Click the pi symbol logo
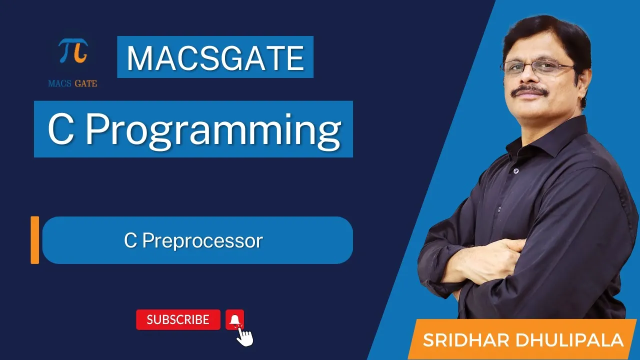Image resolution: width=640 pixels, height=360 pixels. pos(73,50)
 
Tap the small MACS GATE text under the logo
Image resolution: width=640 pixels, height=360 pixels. pos(72,83)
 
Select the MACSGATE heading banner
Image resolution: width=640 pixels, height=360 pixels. pos(215,57)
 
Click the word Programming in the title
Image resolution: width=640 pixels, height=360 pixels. pos(213,130)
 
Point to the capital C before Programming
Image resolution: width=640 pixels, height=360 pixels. pos(61,129)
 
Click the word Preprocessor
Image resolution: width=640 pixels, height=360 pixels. pos(202,241)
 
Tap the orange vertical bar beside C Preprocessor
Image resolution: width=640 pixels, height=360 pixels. pos(35,240)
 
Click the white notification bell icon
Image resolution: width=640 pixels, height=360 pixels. pos(234,319)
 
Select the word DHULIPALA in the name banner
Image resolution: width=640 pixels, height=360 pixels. pos(569,340)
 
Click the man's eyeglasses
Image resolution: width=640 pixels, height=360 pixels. pos(537,68)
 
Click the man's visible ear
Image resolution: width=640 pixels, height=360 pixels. pos(584,85)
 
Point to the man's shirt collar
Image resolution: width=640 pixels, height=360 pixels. pos(547,140)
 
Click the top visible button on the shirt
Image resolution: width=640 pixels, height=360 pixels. pos(516,171)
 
